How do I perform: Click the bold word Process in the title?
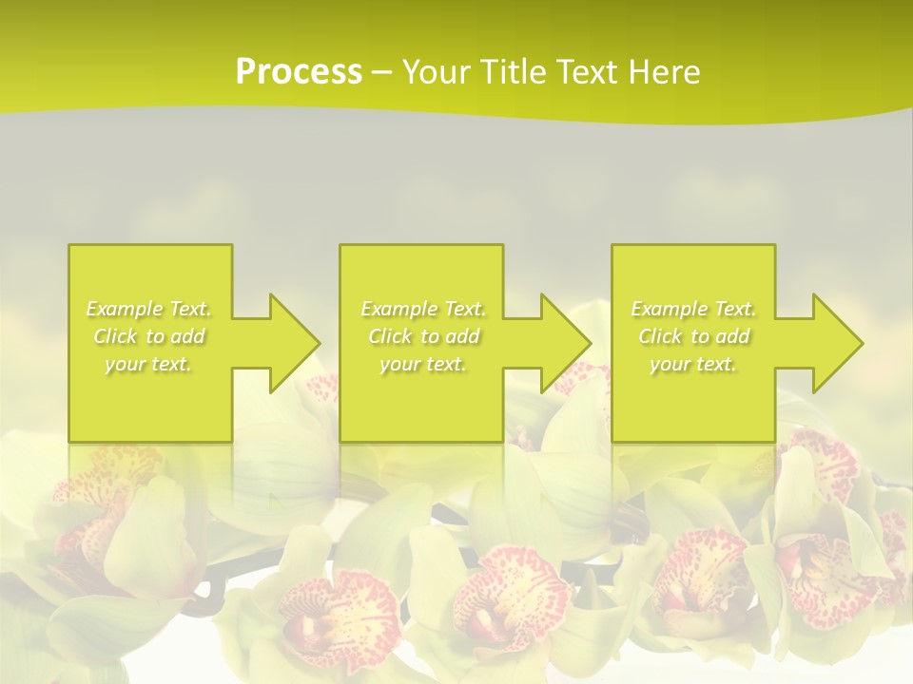click(x=299, y=72)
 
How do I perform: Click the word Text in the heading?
click(x=589, y=72)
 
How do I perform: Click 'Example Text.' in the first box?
click(x=149, y=309)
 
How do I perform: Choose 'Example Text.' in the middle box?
click(x=423, y=309)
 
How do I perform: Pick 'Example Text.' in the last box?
click(x=693, y=309)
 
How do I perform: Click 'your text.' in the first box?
click(x=148, y=364)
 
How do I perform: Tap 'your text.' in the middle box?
click(x=423, y=364)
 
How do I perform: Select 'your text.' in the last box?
click(x=693, y=364)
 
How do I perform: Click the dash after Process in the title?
click(x=381, y=72)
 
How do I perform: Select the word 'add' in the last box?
click(x=732, y=336)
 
